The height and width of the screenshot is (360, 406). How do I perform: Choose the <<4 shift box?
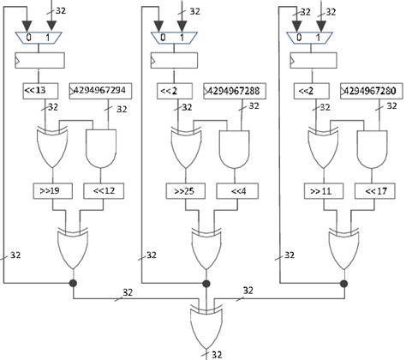(234, 191)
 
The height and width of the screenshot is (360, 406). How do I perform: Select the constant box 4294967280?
(369, 90)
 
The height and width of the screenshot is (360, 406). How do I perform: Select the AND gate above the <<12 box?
(100, 147)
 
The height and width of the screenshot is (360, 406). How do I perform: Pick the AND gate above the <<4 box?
(234, 147)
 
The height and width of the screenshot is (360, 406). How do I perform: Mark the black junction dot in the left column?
(71, 282)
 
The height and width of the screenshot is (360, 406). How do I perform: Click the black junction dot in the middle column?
(205, 282)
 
